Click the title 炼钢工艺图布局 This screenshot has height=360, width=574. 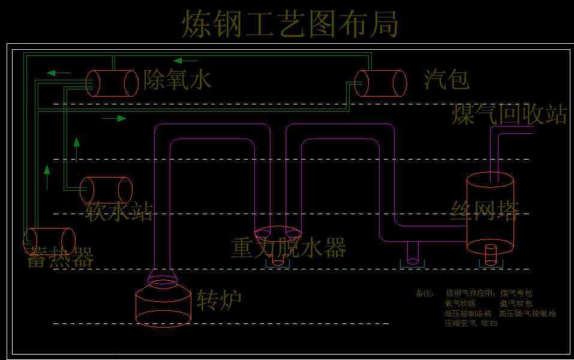tap(290, 25)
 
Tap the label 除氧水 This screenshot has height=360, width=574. tap(178, 79)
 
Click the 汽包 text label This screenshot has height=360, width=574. tap(446, 79)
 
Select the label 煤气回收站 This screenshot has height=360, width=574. tap(509, 115)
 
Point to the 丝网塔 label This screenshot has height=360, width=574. tap(485, 209)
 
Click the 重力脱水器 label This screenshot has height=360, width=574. tap(288, 247)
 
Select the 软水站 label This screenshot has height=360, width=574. tap(119, 212)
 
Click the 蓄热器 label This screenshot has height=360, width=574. tap(60, 258)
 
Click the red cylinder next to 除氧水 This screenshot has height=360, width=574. tap(112, 83)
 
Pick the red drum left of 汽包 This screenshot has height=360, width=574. tap(380, 83)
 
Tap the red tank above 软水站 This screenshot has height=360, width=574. tap(106, 190)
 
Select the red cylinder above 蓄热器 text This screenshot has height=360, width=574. tap(49, 241)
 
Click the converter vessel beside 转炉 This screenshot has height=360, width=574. tap(163, 302)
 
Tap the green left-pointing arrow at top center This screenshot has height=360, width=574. tap(185, 60)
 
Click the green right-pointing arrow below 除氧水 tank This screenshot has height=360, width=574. tap(114, 118)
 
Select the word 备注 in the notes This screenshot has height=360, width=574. tap(423, 293)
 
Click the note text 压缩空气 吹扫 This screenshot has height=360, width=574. tap(471, 323)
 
